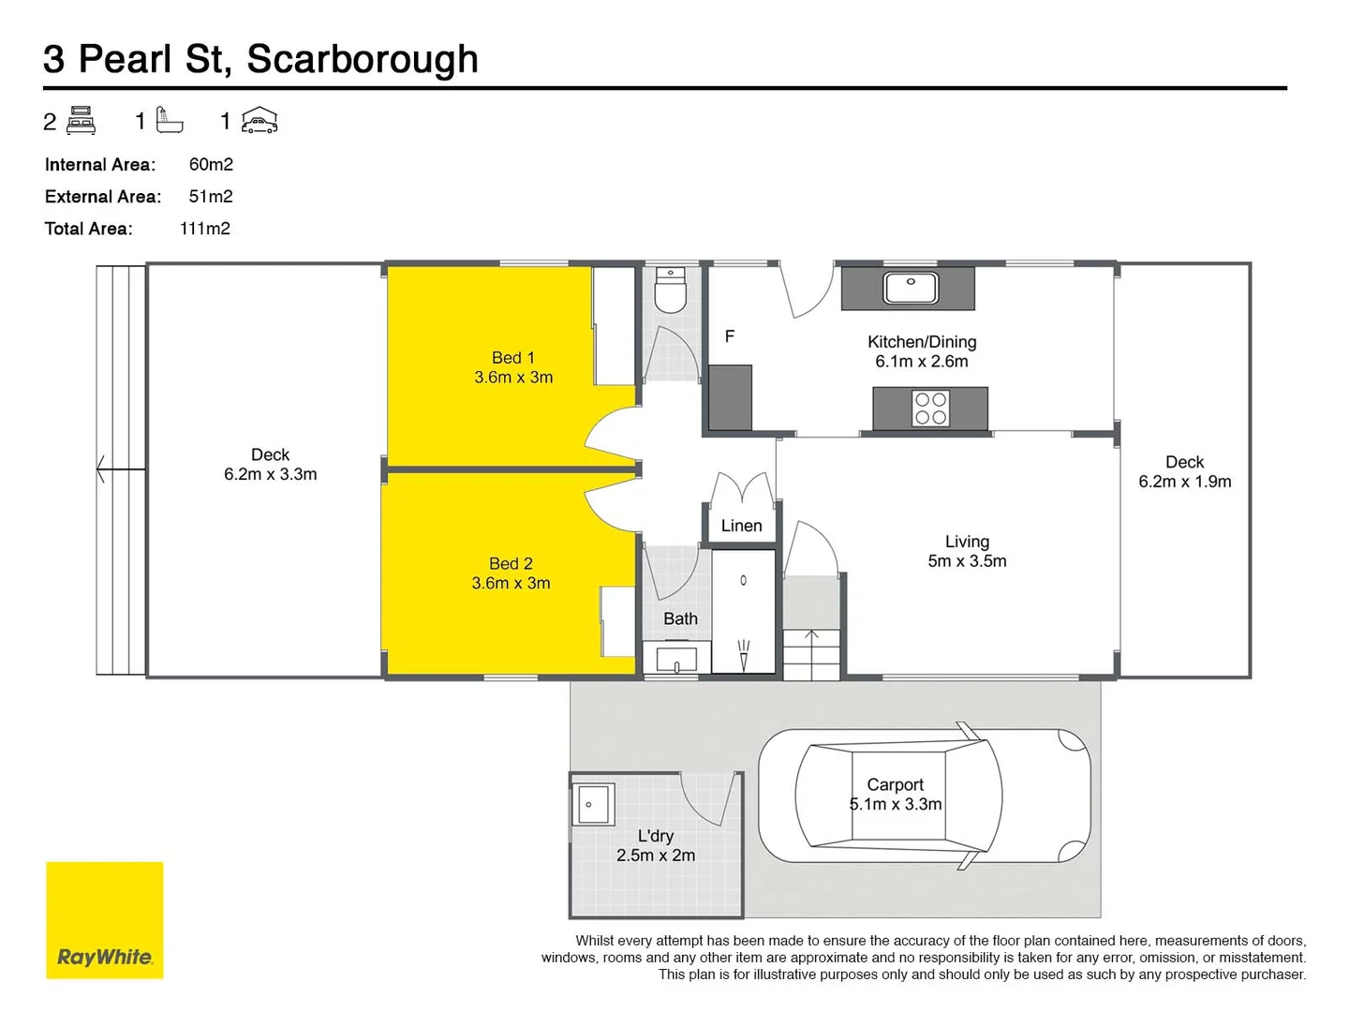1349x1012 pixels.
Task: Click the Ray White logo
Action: click(x=104, y=920)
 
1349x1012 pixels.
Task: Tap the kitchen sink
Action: click(x=910, y=287)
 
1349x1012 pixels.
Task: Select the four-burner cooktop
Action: click(x=930, y=409)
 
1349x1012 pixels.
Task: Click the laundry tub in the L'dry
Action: click(x=594, y=804)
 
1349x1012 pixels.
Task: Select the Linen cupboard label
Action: click(x=741, y=526)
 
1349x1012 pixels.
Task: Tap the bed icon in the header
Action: click(x=82, y=121)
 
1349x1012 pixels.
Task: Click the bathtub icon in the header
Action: click(x=170, y=120)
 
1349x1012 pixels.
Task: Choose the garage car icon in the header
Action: click(x=259, y=121)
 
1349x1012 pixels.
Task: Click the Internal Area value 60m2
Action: click(x=211, y=165)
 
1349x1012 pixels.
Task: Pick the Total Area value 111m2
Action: click(x=205, y=229)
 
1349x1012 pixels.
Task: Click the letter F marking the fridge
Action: click(x=730, y=336)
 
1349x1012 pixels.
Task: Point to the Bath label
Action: click(x=680, y=618)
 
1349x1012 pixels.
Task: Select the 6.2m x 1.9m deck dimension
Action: click(x=1184, y=482)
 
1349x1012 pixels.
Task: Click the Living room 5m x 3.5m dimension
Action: click(x=967, y=561)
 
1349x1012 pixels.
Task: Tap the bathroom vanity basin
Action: click(x=676, y=660)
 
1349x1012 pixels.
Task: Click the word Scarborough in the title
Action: click(x=363, y=59)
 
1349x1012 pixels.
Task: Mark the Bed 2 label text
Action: click(x=511, y=563)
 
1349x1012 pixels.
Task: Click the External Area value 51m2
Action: click(x=211, y=197)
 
